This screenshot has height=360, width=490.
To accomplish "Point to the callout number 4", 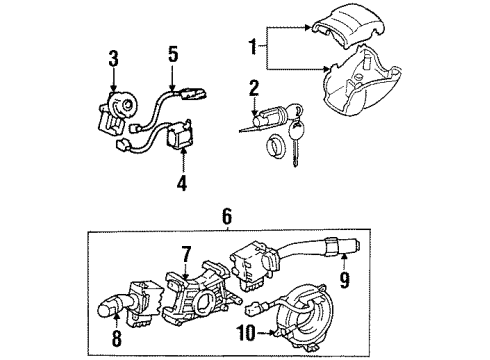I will click(x=181, y=182).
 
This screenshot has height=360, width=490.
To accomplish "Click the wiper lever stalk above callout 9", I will click(x=330, y=250).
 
